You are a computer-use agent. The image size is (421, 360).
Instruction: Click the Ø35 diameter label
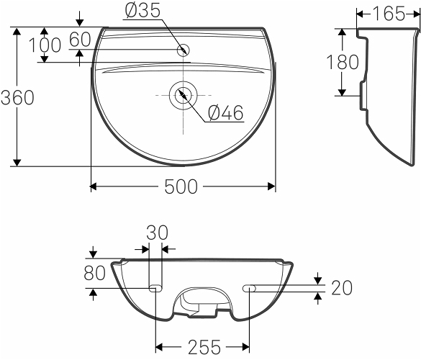point(142,11)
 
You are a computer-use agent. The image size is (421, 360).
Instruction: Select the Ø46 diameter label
point(225,112)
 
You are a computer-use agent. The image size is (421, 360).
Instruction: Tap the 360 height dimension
point(18,97)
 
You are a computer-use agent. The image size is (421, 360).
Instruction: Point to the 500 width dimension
point(181,186)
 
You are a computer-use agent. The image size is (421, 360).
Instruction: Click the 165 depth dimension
point(389,14)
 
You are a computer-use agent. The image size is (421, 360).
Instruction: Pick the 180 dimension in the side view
point(343,62)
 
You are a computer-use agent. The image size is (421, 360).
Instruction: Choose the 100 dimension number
point(45,45)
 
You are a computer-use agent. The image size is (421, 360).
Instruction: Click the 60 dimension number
point(80,39)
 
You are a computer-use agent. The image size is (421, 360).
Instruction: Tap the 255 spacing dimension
point(204,347)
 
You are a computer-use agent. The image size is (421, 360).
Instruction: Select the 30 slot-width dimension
point(158,233)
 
